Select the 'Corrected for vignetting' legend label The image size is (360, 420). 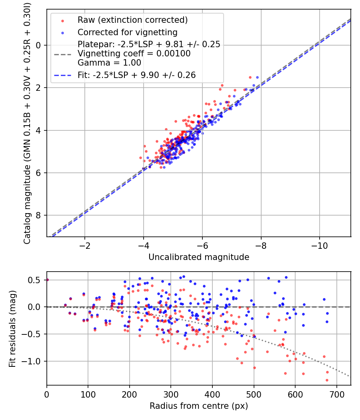[127, 32]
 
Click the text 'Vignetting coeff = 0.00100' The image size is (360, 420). [134, 54]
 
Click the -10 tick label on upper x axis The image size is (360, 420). [319, 245]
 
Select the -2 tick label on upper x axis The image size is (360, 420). [85, 245]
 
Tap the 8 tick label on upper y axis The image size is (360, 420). [39, 216]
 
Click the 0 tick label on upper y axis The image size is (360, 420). [39, 45]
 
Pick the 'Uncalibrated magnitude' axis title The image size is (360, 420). [199, 257]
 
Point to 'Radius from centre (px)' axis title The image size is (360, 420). [199, 406]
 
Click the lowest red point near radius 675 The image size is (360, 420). [327, 380]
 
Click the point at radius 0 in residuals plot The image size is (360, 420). [47, 280]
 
